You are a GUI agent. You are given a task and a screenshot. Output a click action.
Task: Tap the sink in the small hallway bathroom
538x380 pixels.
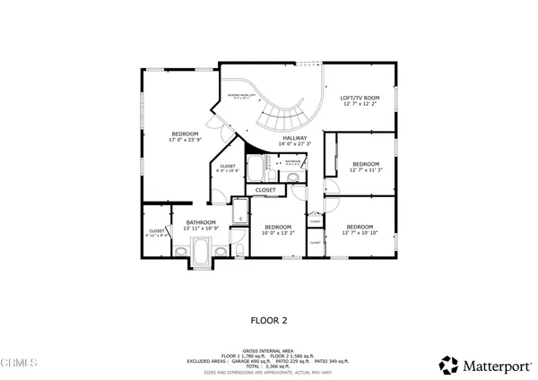point(294,177)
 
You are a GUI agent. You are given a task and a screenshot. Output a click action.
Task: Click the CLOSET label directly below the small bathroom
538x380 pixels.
point(265,190)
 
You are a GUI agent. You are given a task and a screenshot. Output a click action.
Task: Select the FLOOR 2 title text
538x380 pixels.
point(268,319)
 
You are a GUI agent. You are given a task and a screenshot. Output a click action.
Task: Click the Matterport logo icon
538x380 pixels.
point(447,365)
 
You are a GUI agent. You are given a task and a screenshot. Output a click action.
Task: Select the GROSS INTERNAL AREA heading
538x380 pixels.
point(268,350)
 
